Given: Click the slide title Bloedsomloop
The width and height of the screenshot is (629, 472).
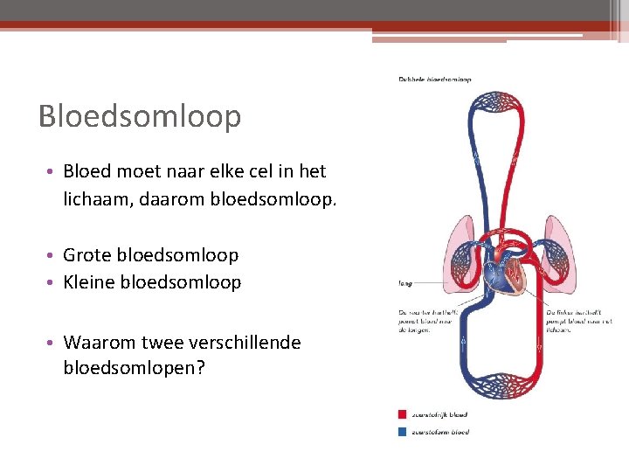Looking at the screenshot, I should (x=140, y=116).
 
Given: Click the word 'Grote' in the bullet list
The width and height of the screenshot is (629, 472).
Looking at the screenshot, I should (x=86, y=255).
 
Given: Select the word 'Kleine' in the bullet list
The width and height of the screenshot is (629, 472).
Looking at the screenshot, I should (x=88, y=282).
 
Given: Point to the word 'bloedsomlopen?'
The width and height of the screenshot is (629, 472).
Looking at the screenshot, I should (x=135, y=368).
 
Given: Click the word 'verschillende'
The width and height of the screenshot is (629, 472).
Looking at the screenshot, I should (x=245, y=343).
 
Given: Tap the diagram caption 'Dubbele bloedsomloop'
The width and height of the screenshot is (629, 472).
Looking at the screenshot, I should (x=434, y=80).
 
